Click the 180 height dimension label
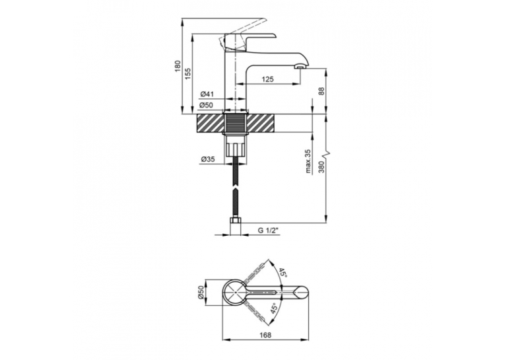tap(178, 66)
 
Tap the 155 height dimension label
tap(188, 74)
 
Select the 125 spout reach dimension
tap(268, 79)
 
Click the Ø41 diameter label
tap(207, 94)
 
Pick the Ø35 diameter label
tap(208, 159)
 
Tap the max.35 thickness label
tap(308, 161)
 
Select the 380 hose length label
tap(321, 166)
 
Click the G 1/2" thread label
tap(267, 230)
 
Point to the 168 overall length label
tap(265, 335)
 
